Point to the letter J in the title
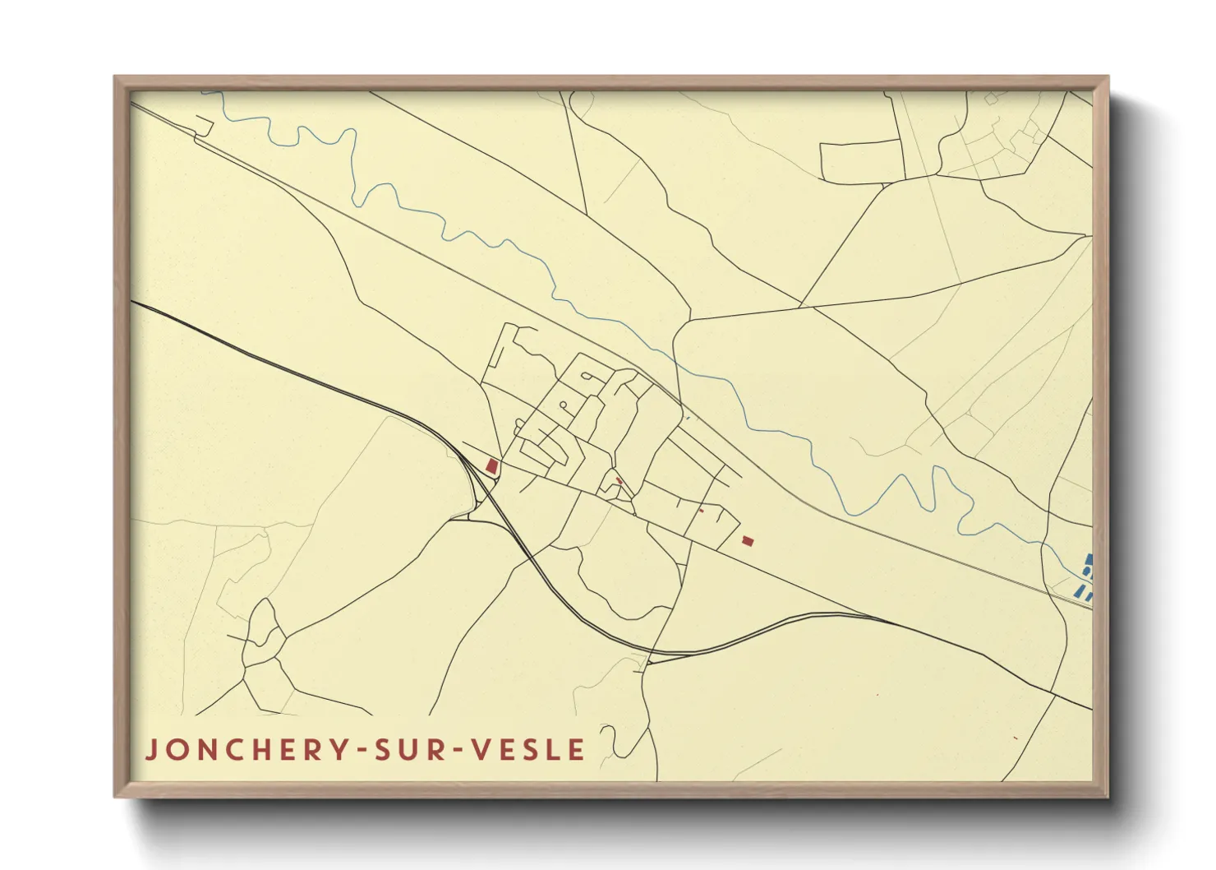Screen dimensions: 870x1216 tap(150, 750)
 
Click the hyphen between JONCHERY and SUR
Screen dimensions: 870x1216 tap(360, 751)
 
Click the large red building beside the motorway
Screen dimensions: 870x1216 tap(492, 466)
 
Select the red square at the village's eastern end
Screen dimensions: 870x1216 tap(747, 540)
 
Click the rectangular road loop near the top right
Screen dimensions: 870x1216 tap(862, 162)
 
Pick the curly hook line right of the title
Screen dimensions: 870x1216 tap(612, 740)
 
